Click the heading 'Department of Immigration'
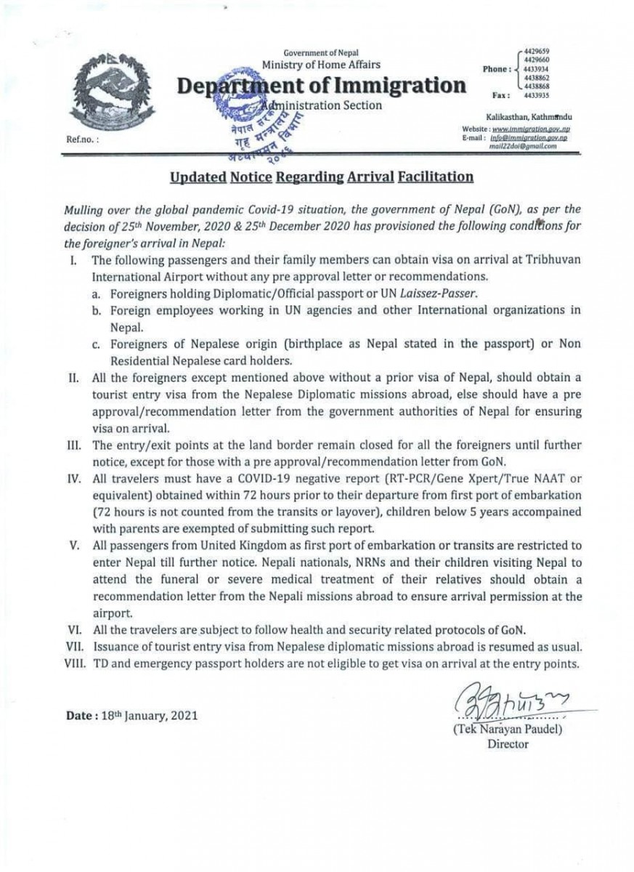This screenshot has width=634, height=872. pos(322,85)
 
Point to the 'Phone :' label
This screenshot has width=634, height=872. pos(497,69)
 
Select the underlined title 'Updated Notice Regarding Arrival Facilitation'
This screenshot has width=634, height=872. pos(322,177)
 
